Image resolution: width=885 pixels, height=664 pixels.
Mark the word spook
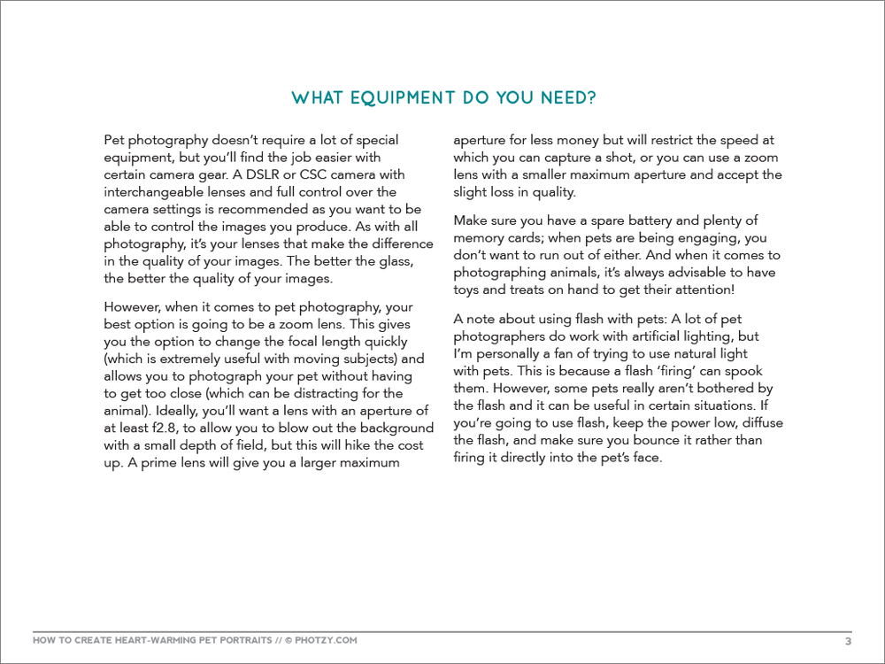click(744, 371)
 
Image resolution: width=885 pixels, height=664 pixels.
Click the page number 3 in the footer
click(848, 641)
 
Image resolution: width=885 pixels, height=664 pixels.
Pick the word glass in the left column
click(391, 260)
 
